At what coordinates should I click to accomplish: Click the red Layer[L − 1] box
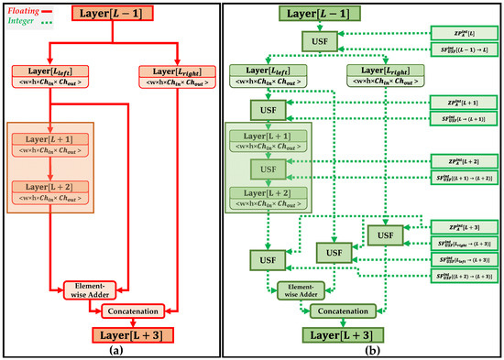[121, 16]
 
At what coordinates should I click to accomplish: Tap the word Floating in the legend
[25, 7]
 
